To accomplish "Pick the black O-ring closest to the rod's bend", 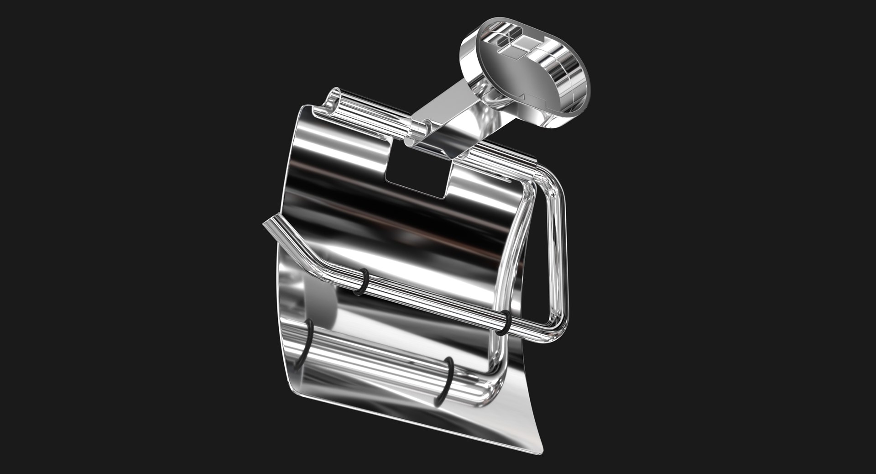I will tap(363, 281).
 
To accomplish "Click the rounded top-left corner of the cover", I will tap(303, 112).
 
